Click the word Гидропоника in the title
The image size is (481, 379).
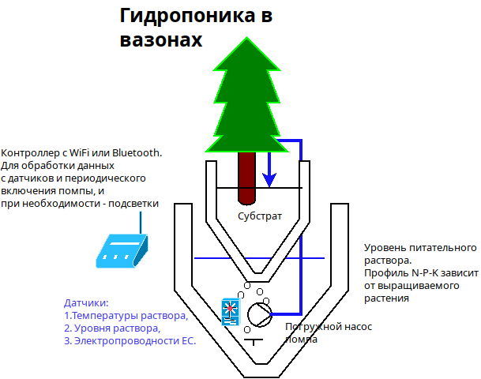(x=187, y=16)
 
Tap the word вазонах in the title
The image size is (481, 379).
(x=161, y=40)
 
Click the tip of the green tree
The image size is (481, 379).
(x=246, y=37)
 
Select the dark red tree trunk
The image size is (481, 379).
(x=246, y=178)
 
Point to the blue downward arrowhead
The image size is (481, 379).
(x=269, y=180)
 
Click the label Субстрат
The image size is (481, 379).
(x=260, y=216)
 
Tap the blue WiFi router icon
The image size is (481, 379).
(x=122, y=251)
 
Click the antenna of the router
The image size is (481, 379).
(x=141, y=223)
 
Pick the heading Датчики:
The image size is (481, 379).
(x=86, y=303)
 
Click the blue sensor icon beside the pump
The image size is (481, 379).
(x=231, y=312)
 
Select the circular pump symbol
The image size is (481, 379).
(x=260, y=314)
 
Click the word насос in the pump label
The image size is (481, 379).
(x=358, y=327)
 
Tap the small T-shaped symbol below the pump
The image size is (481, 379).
(x=254, y=342)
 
